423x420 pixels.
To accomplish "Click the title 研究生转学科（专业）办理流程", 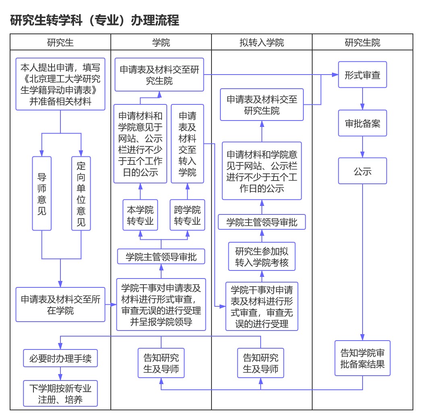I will (x=95, y=20).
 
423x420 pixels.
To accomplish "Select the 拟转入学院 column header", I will (x=261, y=42).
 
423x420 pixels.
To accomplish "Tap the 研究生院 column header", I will (x=362, y=42).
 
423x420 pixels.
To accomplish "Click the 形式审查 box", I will (x=362, y=75).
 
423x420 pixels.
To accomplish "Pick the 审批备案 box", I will (x=362, y=123).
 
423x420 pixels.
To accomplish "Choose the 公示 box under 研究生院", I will (x=362, y=171).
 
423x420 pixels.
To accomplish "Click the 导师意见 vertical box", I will (x=42, y=193).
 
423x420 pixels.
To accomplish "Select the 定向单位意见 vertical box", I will (x=81, y=193).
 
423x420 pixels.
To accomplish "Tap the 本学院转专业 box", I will (x=140, y=215).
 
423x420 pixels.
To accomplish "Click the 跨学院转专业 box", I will (x=187, y=215).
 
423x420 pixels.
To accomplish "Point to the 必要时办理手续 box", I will (x=60, y=358).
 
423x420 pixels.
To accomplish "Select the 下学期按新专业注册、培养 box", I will (x=60, y=394).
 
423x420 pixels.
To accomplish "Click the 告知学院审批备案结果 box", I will (x=362, y=358).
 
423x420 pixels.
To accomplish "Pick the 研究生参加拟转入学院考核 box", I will (x=262, y=257).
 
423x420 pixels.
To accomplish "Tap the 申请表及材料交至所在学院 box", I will (x=60, y=305).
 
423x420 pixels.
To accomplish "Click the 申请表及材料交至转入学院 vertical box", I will (x=187, y=144).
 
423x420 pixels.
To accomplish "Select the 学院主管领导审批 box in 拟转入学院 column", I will (x=262, y=222).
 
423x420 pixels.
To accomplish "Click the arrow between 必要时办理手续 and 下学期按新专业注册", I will (x=60, y=374).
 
